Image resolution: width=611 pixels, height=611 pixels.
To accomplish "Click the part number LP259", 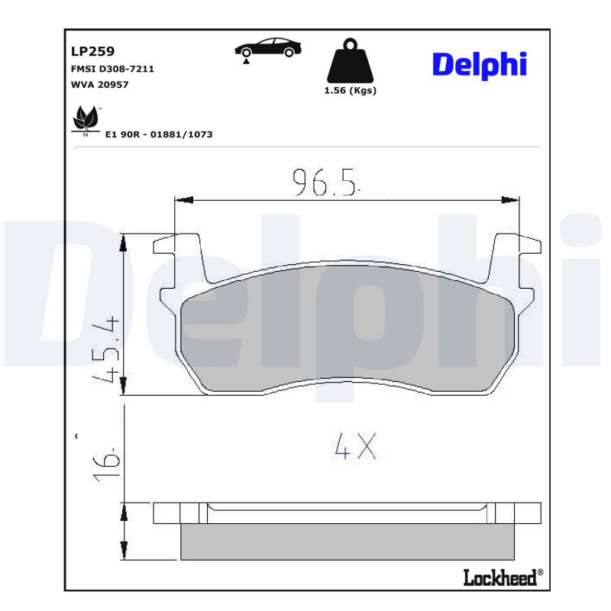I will (92, 51).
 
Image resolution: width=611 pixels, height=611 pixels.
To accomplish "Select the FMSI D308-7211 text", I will (112, 69).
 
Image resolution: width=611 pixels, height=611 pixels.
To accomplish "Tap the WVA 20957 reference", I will (99, 85).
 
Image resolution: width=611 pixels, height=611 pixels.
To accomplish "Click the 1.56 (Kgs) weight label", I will (351, 90).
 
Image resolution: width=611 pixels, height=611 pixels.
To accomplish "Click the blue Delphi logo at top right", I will (480, 65).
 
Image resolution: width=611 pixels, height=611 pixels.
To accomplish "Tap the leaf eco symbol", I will (86, 119).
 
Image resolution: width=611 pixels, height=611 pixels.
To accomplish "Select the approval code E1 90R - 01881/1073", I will (159, 134).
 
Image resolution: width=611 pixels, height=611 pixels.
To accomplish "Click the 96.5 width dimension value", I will (325, 183).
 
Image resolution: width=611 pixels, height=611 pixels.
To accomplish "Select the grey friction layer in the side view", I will (347, 541).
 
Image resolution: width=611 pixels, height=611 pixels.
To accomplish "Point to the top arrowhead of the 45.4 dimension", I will (122, 243).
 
